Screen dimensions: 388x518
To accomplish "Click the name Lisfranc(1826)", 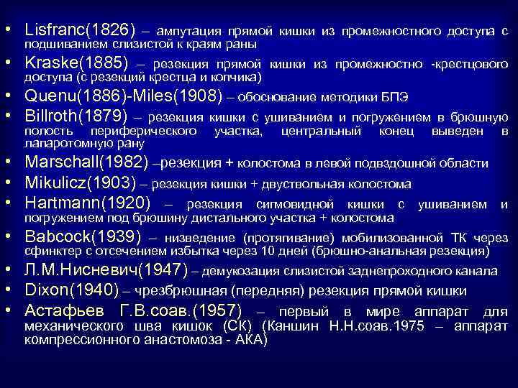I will coord(80,30).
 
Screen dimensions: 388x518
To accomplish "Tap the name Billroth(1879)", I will coord(76,116).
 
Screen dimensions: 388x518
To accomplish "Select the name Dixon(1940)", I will coord(72,290).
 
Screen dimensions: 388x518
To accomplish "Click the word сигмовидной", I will coord(293,205).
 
